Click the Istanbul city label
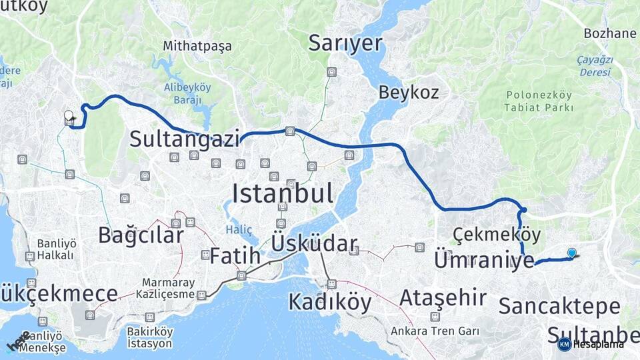pyautogui.click(x=282, y=194)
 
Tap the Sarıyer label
pyautogui.click(x=345, y=43)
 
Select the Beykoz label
pyautogui.click(x=409, y=92)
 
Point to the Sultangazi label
pyautogui.click(x=185, y=139)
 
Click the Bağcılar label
pyautogui.click(x=141, y=235)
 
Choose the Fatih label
pyautogui.click(x=235, y=255)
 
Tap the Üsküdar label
pyautogui.click(x=314, y=244)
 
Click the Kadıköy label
pyautogui.click(x=329, y=302)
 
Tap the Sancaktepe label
pyautogui.click(x=559, y=307)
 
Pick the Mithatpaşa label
pyautogui.click(x=197, y=46)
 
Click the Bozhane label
pyautogui.click(x=610, y=33)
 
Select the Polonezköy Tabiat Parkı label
pyautogui.click(x=539, y=101)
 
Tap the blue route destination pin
pyautogui.click(x=572, y=253)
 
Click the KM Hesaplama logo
pyautogui.click(x=591, y=344)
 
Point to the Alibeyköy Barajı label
pyautogui.click(x=187, y=93)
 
